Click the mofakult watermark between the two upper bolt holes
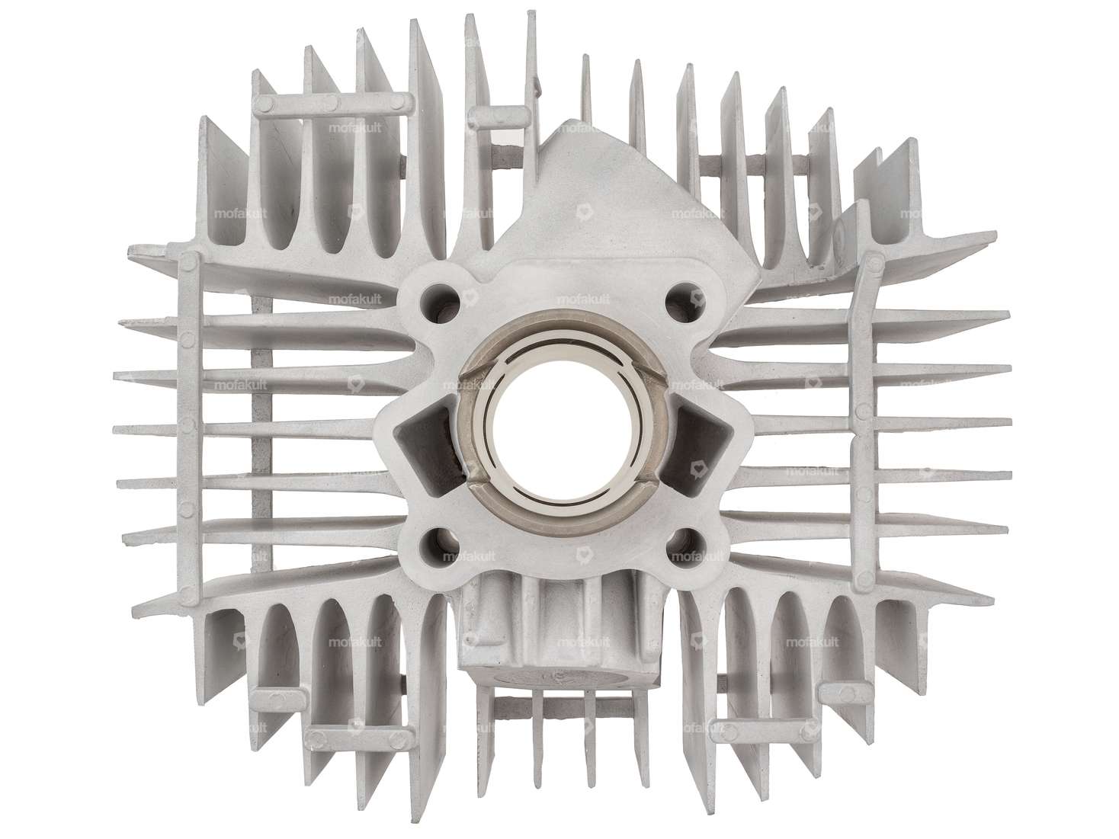pyautogui.click(x=581, y=299)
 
